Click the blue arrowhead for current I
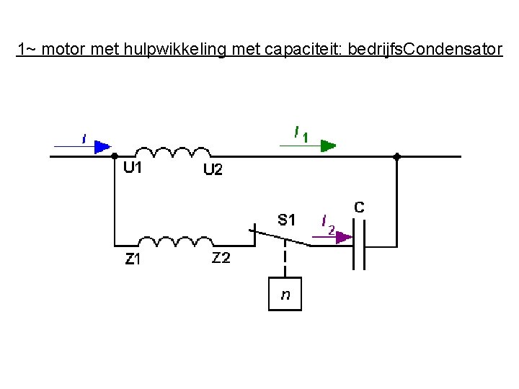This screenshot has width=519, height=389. [103, 146]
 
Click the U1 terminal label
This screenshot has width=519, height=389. [132, 168]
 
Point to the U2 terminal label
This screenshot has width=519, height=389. [213, 170]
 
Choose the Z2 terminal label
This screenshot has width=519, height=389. [221, 259]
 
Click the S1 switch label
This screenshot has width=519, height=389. [287, 220]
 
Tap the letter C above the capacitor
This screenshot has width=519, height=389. [359, 207]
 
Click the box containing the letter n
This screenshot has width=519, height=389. [285, 294]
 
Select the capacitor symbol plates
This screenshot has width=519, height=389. [358, 245]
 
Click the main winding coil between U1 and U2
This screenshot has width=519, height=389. [173, 152]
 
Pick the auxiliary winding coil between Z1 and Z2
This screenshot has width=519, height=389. [174, 241]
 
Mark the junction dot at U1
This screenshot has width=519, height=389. [115, 156]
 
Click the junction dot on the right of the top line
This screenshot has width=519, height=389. [396, 156]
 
